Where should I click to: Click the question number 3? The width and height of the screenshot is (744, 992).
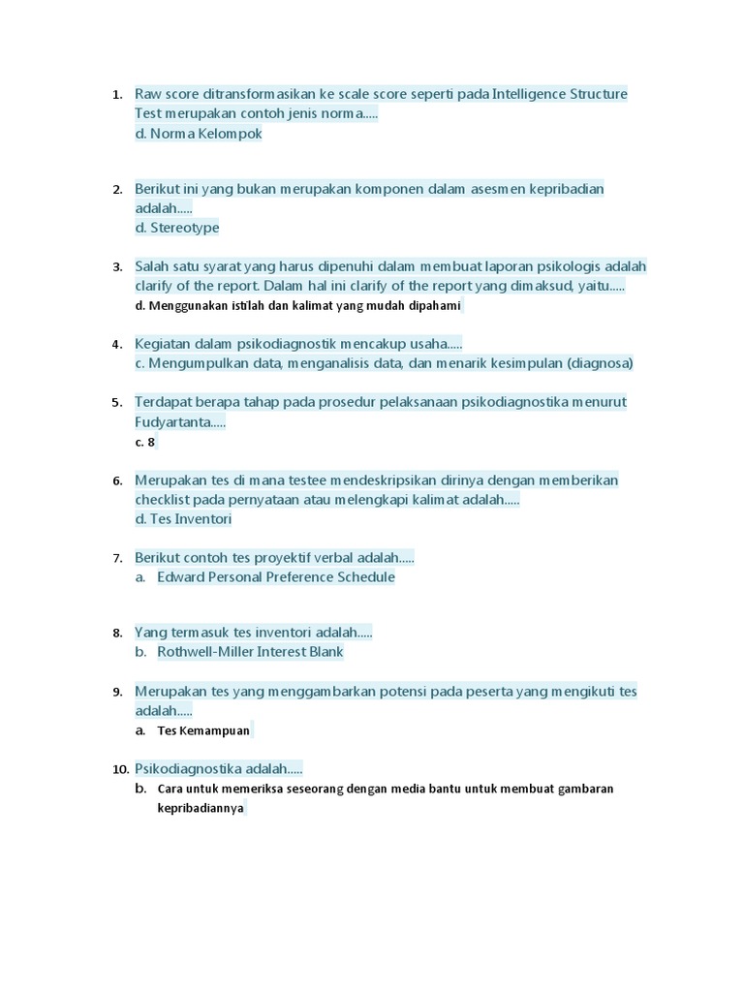[x=116, y=266]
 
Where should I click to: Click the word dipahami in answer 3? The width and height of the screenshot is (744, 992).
[x=431, y=306]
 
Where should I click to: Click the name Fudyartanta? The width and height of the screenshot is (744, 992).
[x=177, y=421]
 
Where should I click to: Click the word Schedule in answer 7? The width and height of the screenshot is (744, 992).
[x=365, y=577]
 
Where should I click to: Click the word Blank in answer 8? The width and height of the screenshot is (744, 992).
[x=324, y=652]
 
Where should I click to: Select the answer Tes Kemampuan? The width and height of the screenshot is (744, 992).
[x=203, y=730]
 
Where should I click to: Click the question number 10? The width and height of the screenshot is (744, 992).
[x=120, y=769]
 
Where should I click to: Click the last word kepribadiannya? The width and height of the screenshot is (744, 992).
[x=201, y=808]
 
